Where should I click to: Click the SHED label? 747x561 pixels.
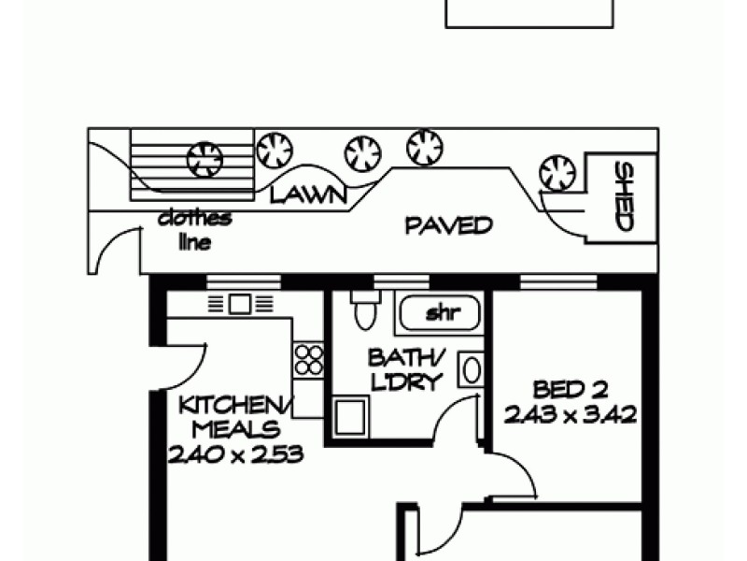click(624, 196)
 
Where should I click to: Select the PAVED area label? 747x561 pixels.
click(448, 225)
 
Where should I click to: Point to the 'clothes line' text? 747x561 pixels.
click(194, 230)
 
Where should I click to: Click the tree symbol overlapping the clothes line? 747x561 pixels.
click(204, 159)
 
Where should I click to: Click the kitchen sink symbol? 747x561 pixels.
click(239, 303)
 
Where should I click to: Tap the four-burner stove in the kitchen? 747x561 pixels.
click(309, 361)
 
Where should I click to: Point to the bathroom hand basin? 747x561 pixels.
click(472, 369)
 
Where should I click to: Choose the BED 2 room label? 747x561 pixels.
click(571, 388)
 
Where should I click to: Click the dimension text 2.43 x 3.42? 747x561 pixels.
click(571, 413)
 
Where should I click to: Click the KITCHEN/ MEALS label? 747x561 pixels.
click(236, 418)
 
